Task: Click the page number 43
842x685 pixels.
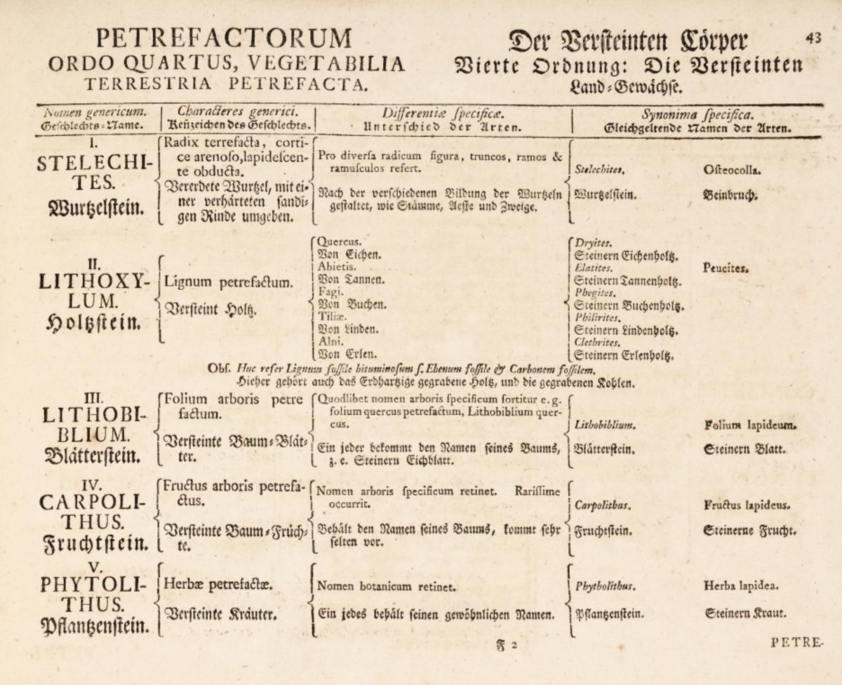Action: [x=813, y=39]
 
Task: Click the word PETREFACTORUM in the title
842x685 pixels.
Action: [x=224, y=38]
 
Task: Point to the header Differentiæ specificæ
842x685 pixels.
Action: [x=441, y=112]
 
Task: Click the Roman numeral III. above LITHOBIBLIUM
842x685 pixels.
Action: [x=92, y=398]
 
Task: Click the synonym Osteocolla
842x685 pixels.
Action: [x=730, y=169]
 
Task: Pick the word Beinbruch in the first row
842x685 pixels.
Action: [x=732, y=197]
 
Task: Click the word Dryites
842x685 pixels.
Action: [x=589, y=242]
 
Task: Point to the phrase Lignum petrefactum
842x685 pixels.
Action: [x=229, y=284]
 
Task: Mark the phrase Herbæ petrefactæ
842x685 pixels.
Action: [x=218, y=584]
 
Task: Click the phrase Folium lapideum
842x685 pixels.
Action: [x=751, y=425]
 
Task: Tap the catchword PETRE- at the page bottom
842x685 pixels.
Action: [x=796, y=640]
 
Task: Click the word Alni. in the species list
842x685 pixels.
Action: [x=332, y=341]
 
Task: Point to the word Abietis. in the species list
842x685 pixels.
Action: [x=338, y=267]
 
